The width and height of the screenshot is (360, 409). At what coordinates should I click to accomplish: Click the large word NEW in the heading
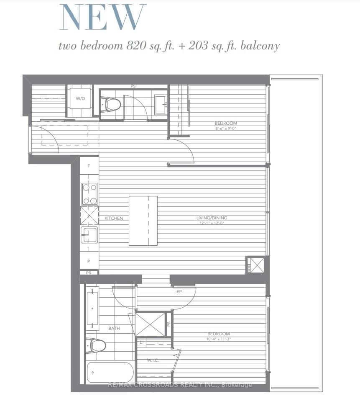(103, 18)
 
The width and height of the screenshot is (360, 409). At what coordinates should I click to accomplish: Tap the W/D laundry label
(80, 99)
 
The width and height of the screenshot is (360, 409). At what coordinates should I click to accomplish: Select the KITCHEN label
(114, 218)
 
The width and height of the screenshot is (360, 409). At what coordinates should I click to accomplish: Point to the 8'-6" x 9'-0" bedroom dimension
(226, 129)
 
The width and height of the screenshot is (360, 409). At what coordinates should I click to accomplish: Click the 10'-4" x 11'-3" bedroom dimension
(219, 339)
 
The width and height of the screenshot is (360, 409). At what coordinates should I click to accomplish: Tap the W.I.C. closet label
(153, 360)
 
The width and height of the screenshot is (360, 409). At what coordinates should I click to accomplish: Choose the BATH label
(114, 328)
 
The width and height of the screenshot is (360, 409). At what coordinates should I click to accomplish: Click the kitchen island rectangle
(143, 221)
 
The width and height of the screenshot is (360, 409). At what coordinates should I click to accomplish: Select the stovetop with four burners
(89, 194)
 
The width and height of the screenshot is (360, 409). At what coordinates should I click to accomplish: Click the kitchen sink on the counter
(89, 235)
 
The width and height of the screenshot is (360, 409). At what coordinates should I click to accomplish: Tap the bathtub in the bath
(110, 372)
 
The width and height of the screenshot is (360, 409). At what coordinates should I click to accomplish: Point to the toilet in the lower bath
(96, 345)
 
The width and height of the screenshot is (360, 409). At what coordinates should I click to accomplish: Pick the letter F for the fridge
(88, 166)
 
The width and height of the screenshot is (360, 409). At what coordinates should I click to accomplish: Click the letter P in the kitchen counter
(88, 260)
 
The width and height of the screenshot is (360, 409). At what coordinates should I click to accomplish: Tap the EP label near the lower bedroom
(179, 292)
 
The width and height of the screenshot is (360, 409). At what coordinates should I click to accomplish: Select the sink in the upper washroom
(161, 104)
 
